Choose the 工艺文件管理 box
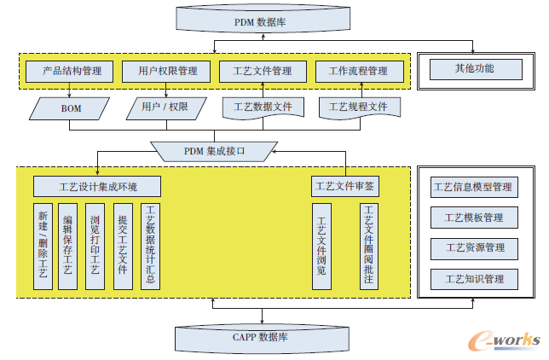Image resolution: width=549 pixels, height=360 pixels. point(263,71)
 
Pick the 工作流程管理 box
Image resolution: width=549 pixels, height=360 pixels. point(358,71)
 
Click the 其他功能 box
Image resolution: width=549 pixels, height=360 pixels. point(474,68)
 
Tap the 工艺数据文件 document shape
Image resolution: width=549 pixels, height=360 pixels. point(263,108)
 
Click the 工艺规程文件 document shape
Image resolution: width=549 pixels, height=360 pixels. point(359,108)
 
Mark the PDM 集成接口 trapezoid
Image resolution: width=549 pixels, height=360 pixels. point(215,151)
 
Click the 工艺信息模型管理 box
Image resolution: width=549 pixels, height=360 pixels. point(474,187)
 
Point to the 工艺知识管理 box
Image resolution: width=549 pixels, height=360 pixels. point(474,279)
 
